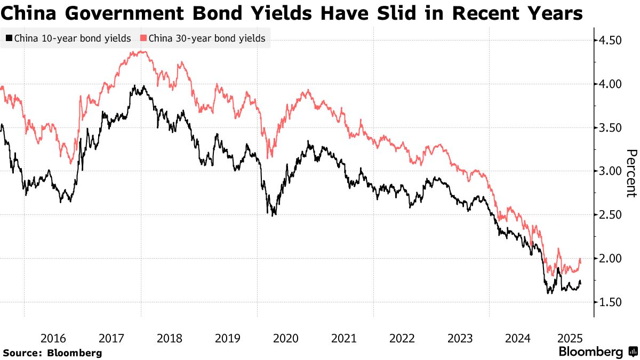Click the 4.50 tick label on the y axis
(x=611, y=41)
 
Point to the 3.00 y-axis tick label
(x=611, y=171)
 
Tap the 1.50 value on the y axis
(x=611, y=302)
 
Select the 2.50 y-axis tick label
(x=611, y=215)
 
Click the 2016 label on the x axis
(x=53, y=338)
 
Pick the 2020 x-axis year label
(x=285, y=338)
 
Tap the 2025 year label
(x=569, y=338)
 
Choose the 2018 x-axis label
(x=170, y=338)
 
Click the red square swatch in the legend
(x=143, y=38)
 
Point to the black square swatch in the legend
(x=9, y=38)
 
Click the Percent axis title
(x=630, y=173)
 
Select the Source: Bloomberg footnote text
(x=52, y=353)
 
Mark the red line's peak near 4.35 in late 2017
(x=140, y=52)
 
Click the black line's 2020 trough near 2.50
(x=274, y=215)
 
